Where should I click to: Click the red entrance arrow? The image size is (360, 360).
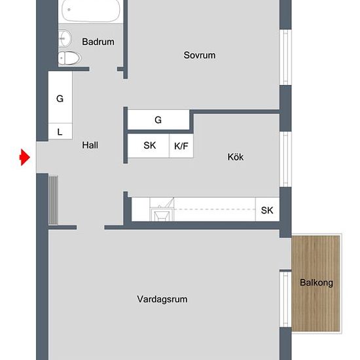coord(25,157)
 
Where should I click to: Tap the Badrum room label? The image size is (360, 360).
coord(98,42)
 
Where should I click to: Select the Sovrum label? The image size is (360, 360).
coord(200,55)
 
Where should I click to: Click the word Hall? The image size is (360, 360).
coord(90,145)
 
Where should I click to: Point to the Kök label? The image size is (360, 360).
coord(236,157)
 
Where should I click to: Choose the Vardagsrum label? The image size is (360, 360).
coord(162,299)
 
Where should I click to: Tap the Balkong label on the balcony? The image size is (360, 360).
coord(316,283)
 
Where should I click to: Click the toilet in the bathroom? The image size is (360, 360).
coord(69,58)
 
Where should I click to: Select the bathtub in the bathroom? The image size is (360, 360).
coord(90,10)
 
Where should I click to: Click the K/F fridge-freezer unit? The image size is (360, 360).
coord(181,146)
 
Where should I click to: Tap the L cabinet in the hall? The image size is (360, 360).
coord(60,132)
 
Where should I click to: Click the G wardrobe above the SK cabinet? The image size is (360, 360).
coord(158,120)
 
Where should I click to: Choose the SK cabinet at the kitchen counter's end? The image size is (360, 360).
coord(267,209)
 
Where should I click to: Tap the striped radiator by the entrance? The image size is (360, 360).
coord(53,200)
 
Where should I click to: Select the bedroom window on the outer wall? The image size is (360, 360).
coord(285,58)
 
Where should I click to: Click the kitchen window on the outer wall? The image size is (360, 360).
coord(285,159)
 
